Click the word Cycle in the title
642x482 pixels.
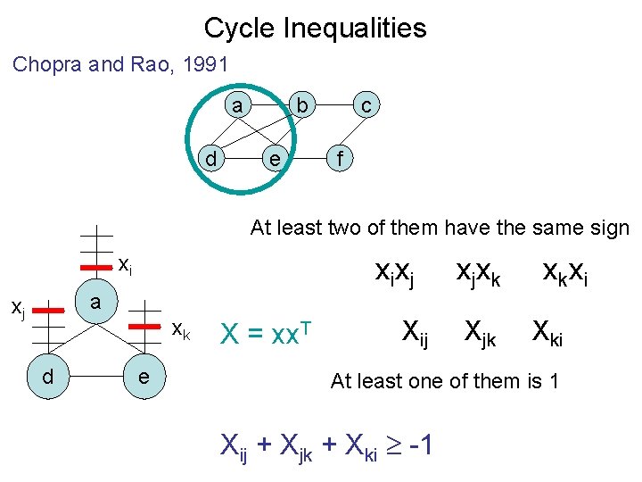point(240,29)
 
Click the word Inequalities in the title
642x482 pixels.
point(354,29)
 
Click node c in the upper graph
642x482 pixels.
point(366,106)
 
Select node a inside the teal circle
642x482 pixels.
point(236,106)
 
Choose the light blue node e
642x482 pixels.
point(142,378)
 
